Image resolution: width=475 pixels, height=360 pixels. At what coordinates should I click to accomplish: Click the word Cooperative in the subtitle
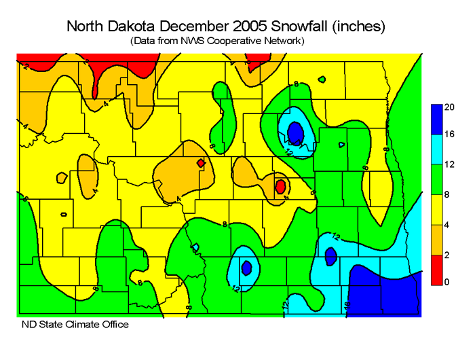coord(235,41)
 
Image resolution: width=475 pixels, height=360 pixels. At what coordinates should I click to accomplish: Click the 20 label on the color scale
coord(449,107)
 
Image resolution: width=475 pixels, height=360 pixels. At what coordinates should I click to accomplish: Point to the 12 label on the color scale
coord(449,165)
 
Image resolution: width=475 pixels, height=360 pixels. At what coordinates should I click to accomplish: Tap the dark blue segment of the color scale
coord(436,120)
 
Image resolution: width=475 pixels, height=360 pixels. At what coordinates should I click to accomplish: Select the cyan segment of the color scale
coord(436,149)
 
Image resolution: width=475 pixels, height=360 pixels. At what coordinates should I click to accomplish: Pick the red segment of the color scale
coord(436,268)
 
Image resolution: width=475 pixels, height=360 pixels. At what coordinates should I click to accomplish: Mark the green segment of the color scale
coord(436,179)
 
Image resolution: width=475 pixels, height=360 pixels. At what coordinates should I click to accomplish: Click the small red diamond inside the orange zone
coord(200,164)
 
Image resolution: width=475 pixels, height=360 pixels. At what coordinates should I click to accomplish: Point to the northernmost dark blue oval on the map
coord(295,130)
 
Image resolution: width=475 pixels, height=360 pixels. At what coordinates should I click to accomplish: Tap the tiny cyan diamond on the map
coord(195,247)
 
